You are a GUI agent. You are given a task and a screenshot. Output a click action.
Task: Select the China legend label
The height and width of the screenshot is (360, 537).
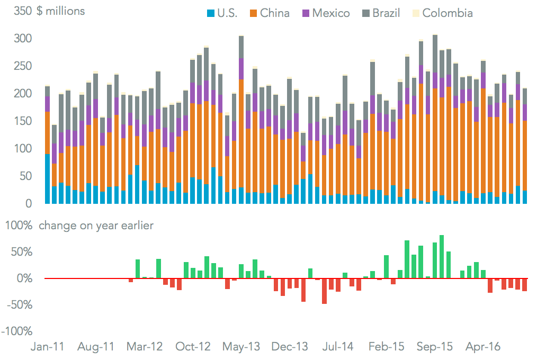(275, 13)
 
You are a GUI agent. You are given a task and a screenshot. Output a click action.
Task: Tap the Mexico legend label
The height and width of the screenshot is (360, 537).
(331, 13)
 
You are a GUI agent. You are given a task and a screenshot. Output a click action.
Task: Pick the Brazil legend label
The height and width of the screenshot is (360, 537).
(386, 13)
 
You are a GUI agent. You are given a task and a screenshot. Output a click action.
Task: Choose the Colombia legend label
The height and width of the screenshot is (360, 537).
(448, 13)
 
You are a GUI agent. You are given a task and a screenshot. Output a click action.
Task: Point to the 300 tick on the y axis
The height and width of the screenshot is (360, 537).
(23, 39)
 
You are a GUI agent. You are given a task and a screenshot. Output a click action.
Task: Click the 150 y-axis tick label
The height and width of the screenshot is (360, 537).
(23, 121)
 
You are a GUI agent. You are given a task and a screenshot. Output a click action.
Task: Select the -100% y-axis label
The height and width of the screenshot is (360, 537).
(17, 331)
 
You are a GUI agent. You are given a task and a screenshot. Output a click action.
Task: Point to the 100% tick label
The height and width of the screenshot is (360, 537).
(20, 226)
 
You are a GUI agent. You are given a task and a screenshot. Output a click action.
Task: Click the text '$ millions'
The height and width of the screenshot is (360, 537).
(61, 11)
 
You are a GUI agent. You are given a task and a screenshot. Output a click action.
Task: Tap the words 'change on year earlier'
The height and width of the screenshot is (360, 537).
(96, 226)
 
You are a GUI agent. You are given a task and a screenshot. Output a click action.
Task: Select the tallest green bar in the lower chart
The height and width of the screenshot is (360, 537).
(442, 257)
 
